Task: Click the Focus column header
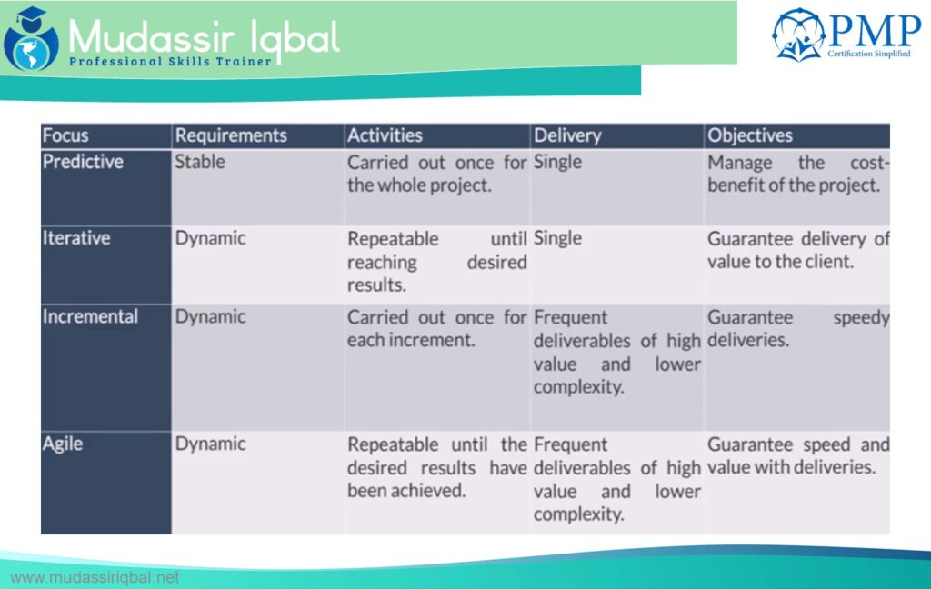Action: pos(65,135)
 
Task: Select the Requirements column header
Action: pos(231,135)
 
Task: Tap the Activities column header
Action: pos(385,135)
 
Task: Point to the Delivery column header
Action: pos(567,136)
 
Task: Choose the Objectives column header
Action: pos(750,136)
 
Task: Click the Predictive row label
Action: pos(83,162)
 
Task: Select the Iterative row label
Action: pos(76,238)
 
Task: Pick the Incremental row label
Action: pos(90,316)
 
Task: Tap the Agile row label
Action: pos(63,444)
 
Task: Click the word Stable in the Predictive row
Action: pos(199,162)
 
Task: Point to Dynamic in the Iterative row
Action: pos(210,239)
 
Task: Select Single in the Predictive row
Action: pos(557,162)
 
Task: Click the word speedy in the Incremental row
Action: pos(861,318)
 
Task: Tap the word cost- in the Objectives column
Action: pos(870,163)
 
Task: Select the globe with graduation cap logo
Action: pos(31,38)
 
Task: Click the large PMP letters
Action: pos(874,31)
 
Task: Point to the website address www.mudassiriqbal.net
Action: pos(95,578)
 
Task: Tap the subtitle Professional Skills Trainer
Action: pos(170,61)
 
